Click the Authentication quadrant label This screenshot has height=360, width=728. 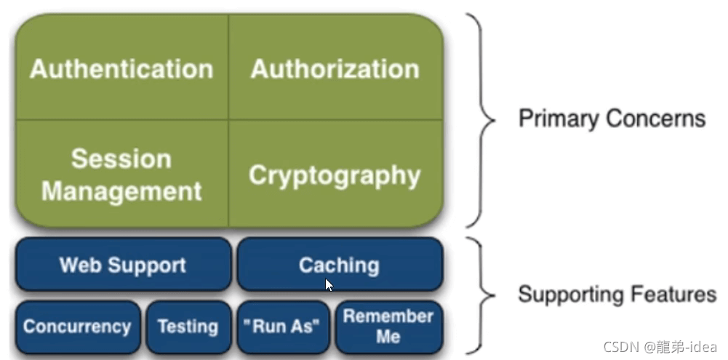121,70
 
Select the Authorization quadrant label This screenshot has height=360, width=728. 335,70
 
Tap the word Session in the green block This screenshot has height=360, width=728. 121,159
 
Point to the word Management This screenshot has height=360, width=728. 121,191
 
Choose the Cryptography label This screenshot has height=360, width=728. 335,175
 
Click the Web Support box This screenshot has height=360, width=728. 123,265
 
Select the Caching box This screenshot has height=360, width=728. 339,265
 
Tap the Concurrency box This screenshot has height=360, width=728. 77,327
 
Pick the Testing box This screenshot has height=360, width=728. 188,327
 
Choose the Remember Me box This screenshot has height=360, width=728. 388,327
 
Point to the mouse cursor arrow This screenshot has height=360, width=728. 329,284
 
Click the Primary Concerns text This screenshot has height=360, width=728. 612,119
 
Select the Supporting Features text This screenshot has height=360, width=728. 617,295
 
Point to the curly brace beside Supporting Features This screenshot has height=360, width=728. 483,295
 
